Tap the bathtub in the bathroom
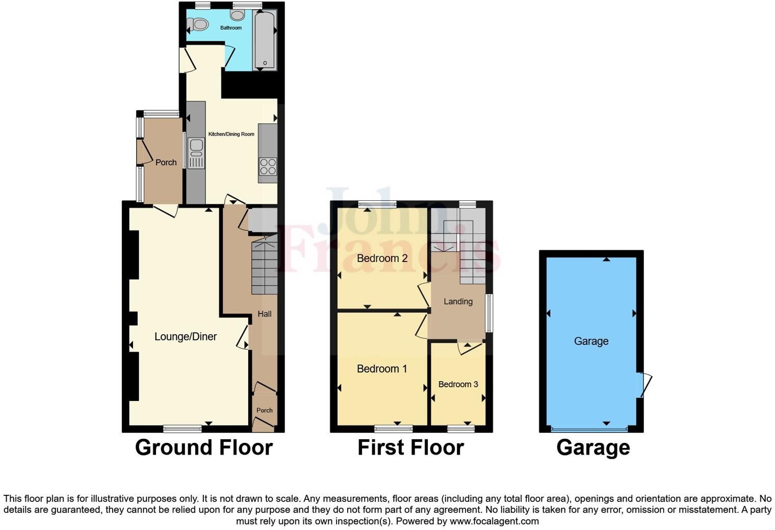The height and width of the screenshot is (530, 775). point(265,40)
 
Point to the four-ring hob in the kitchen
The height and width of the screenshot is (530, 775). point(268,167)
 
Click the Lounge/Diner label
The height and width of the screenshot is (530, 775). point(186,336)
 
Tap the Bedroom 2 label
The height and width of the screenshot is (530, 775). point(382,258)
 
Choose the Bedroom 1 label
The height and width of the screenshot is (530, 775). point(382,368)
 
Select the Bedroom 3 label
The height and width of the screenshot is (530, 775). point(458,384)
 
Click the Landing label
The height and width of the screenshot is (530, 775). point(458,301)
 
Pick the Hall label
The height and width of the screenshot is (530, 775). point(264,314)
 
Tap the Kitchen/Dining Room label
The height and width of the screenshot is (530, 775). point(231,134)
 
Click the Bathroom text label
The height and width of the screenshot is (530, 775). point(231,28)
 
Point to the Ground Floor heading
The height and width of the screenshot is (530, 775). point(204,447)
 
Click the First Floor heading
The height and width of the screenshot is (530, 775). point(410,447)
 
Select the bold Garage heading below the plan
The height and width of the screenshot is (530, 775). point(593,447)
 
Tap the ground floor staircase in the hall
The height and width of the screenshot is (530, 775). point(264,268)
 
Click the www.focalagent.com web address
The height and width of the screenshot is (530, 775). point(494,521)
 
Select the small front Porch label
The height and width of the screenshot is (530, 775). point(264,410)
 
